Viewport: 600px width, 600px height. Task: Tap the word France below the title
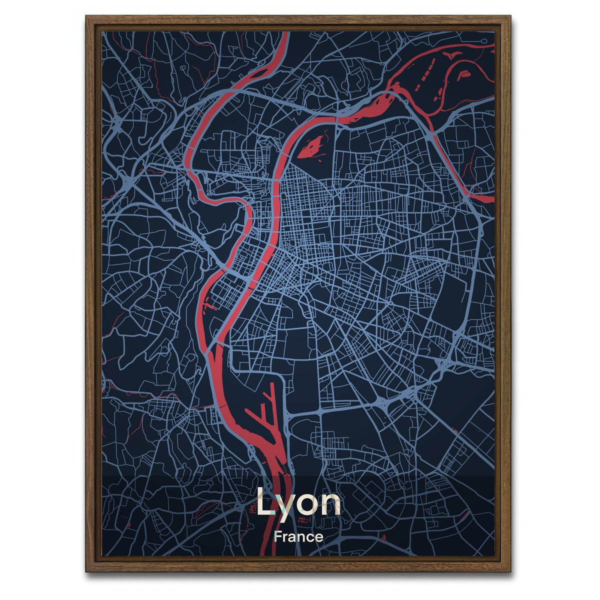[x=298, y=537]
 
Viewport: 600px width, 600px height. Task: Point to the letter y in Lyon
[x=286, y=506]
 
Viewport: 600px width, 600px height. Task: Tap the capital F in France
[x=277, y=537]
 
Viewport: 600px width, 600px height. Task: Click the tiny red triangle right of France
[x=383, y=537]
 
